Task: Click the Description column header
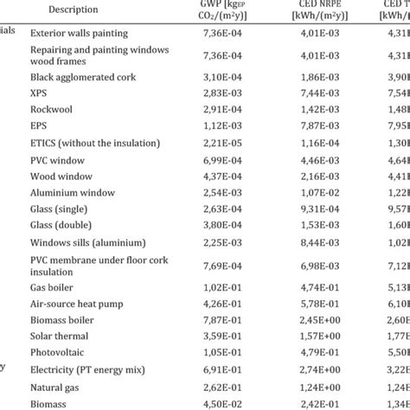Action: [73, 10]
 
